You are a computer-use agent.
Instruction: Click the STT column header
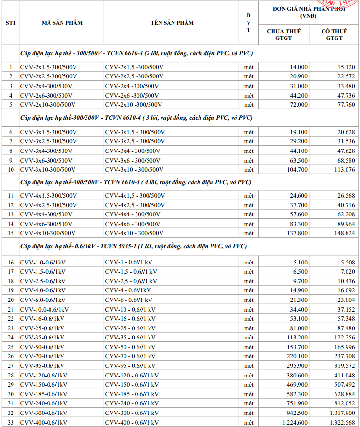tap(11, 23)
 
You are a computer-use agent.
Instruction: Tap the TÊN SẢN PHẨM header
tap(172, 23)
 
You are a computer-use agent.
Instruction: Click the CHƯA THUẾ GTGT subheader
tap(284, 35)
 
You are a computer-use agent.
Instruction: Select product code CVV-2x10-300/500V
tap(48, 104)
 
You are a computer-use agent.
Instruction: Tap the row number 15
tap(11, 233)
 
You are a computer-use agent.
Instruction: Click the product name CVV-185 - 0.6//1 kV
tap(131, 394)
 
